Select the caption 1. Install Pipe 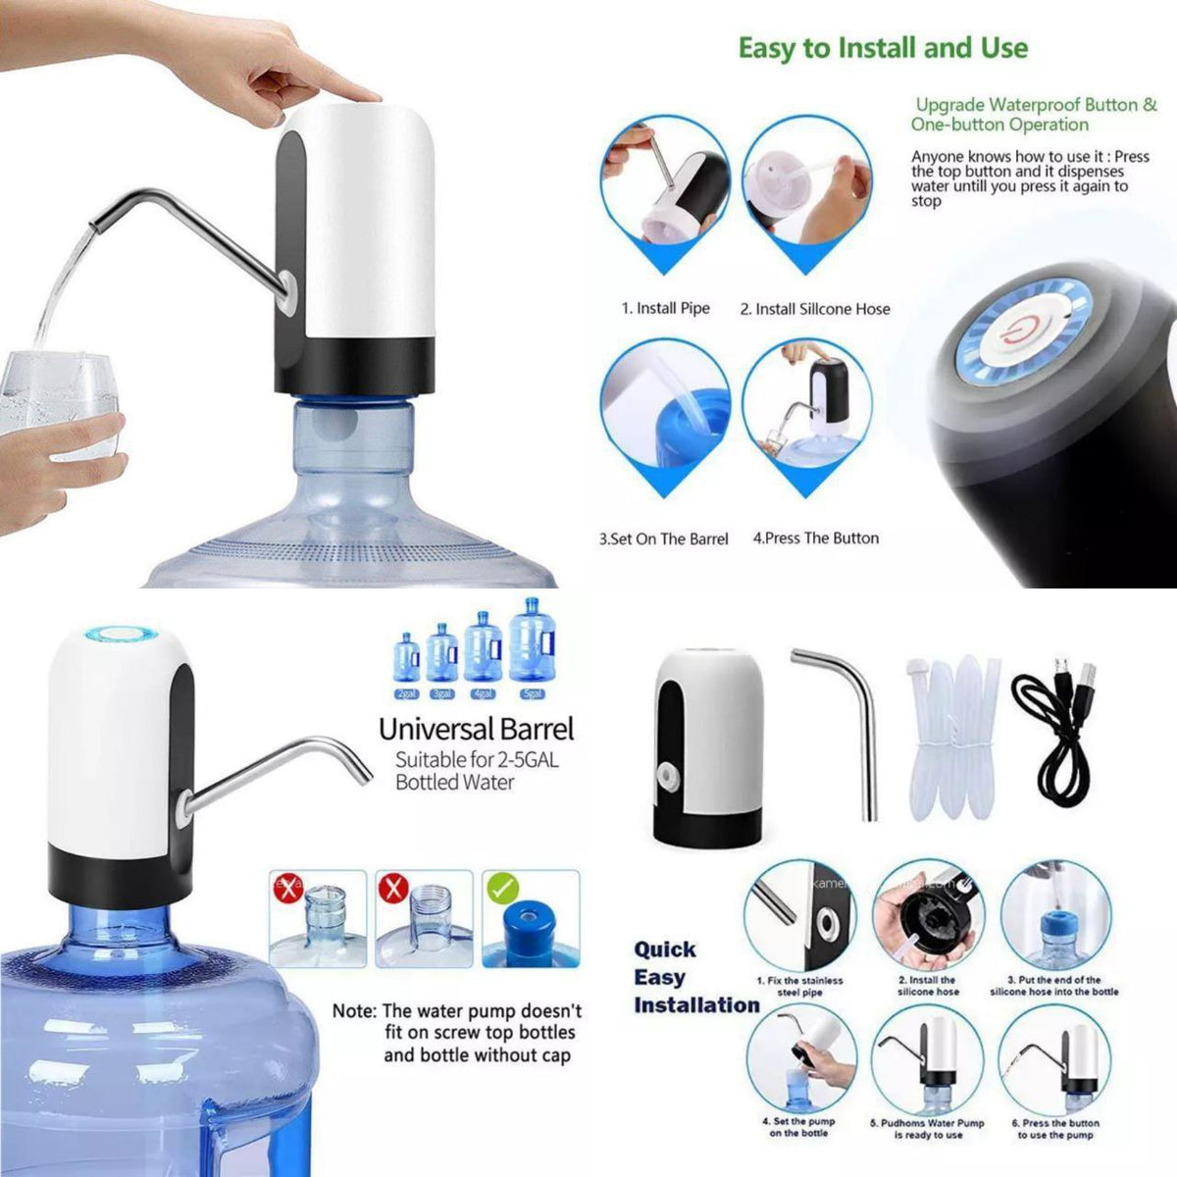(665, 308)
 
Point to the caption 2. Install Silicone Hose (814, 309)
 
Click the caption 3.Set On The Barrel (663, 538)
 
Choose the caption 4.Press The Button (815, 537)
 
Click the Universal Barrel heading (476, 729)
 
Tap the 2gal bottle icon (406, 659)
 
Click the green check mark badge (501, 890)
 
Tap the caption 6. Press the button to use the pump (1055, 1129)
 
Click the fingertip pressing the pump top (359, 94)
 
